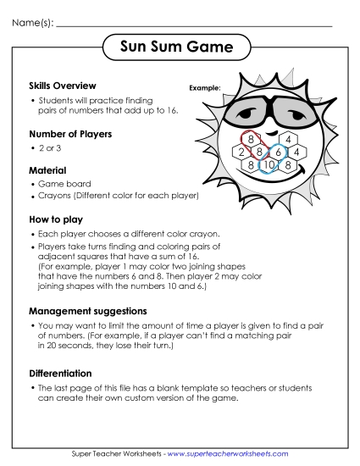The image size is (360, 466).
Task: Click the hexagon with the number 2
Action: coord(241,152)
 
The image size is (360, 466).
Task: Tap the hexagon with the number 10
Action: coord(269,164)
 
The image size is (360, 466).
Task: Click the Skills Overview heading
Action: coord(62,86)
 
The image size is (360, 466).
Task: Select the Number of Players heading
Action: coord(70,134)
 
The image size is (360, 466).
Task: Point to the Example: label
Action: coord(205,87)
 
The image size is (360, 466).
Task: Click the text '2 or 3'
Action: coord(51,147)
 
